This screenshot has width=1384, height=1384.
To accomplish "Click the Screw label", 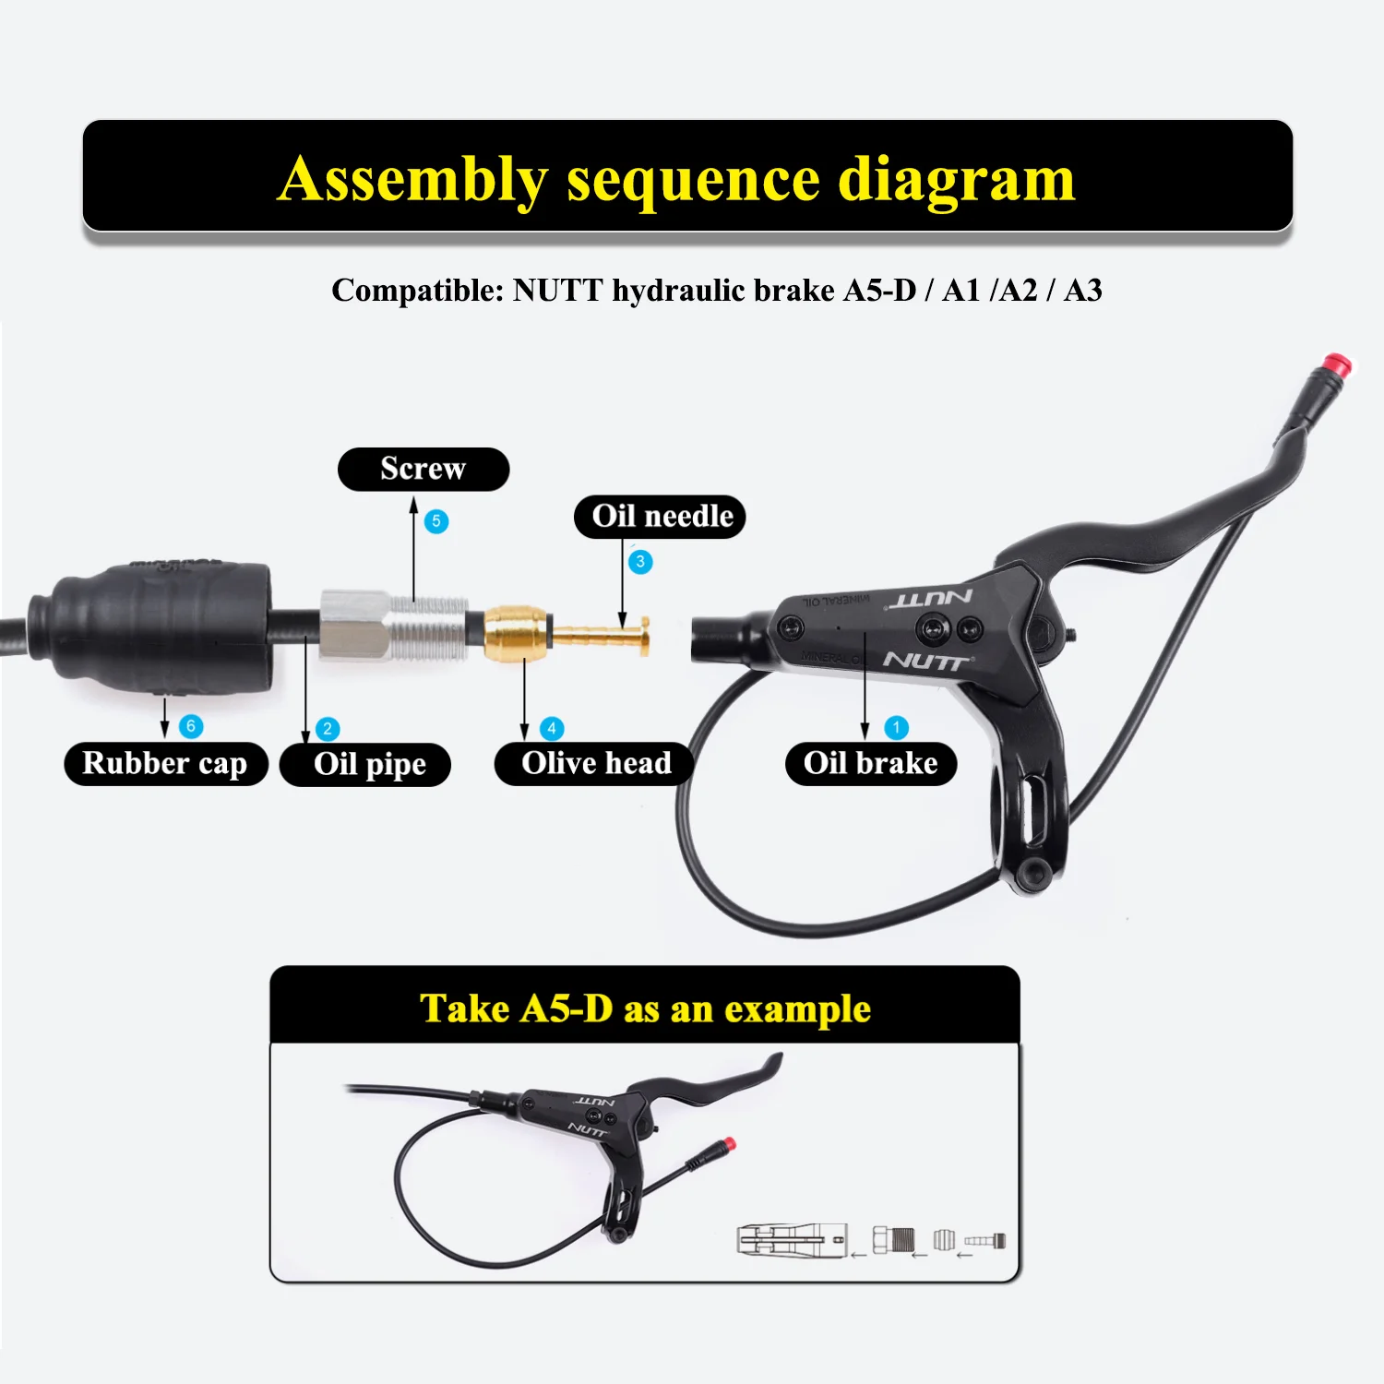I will [423, 469].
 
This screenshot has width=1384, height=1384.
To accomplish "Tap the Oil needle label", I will [660, 517].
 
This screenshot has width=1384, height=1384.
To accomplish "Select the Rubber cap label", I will [165, 764].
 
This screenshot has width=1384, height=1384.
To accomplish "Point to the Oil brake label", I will [870, 764].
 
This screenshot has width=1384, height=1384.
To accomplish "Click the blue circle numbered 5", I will [436, 521].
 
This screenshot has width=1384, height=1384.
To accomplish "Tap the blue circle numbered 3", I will [640, 562].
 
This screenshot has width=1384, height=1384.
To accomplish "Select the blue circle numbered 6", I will [191, 726].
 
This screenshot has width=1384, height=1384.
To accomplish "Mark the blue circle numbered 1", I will [896, 727].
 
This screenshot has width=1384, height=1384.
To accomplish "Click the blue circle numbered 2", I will [328, 729].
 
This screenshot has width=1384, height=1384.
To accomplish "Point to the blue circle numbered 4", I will [552, 729].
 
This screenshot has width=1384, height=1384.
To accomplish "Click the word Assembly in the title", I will [412, 179].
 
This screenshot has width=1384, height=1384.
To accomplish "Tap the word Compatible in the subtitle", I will [417, 291].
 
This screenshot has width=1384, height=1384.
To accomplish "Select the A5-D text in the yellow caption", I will [567, 1008].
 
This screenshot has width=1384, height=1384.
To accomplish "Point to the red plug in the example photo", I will [730, 1144].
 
